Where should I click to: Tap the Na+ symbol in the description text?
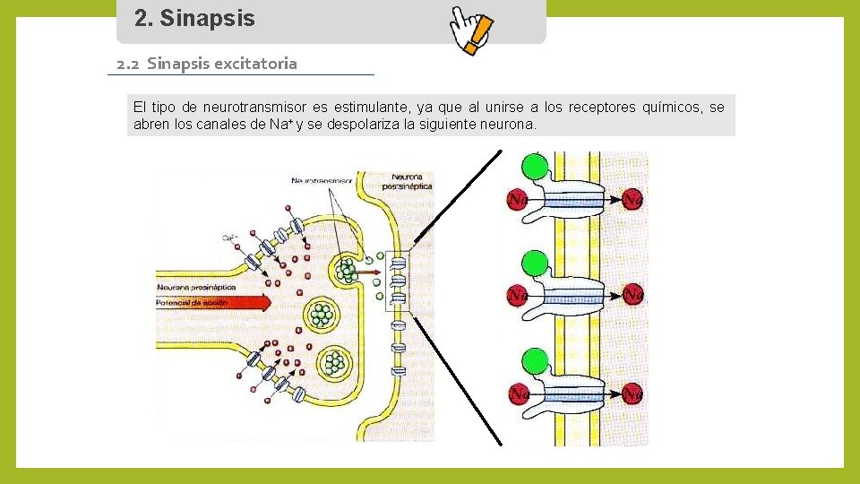[279, 125]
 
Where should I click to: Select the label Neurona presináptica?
[196, 287]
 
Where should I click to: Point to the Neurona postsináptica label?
[407, 182]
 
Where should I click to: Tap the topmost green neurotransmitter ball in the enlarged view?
[535, 166]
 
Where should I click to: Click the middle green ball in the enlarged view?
[535, 264]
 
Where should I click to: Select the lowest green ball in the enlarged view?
[535, 361]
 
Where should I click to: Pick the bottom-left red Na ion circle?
[517, 393]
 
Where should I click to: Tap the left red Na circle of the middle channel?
[517, 294]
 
